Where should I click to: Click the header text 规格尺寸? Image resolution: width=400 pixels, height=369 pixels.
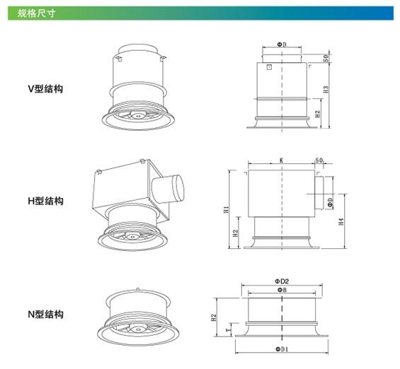(36, 13)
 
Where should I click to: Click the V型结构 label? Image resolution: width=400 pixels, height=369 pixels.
(45, 89)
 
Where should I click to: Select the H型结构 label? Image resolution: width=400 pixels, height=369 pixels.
(45, 201)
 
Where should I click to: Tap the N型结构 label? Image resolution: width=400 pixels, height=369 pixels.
(45, 315)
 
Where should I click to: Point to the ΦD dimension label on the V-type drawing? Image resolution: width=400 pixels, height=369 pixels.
(282, 45)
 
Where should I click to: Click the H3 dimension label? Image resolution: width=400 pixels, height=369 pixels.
(326, 89)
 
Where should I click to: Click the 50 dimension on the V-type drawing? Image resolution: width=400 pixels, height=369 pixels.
(326, 58)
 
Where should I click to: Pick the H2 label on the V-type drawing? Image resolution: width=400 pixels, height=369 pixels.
(317, 114)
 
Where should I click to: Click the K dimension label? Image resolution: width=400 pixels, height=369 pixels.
(281, 160)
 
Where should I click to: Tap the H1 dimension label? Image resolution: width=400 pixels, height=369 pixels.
(226, 209)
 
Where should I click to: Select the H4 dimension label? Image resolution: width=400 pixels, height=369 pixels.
(341, 221)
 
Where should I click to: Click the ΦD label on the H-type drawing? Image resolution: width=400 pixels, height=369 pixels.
(331, 202)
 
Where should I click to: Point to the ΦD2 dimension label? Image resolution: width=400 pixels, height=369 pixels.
(282, 281)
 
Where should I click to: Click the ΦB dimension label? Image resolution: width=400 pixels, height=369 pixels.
(282, 290)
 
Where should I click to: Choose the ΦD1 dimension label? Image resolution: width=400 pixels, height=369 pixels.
(282, 349)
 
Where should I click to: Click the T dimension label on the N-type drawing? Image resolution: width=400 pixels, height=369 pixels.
(228, 330)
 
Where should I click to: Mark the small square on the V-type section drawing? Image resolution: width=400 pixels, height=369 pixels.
(269, 67)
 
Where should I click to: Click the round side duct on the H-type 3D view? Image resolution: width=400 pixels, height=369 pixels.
(168, 189)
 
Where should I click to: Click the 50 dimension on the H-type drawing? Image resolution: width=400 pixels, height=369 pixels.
(319, 160)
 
